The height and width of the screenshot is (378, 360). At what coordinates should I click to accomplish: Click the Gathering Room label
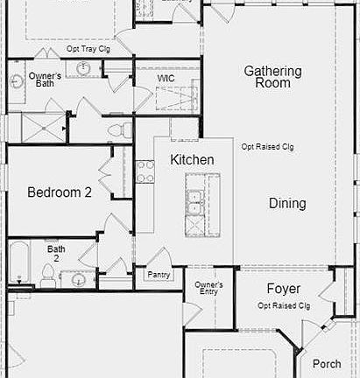[x=272, y=77]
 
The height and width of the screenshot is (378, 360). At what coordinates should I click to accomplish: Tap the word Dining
[x=287, y=203]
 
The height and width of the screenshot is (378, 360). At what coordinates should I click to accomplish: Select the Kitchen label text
[x=192, y=159]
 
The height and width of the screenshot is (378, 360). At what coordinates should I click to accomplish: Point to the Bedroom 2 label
[x=60, y=192]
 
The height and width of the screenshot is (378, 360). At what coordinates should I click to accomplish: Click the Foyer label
[x=284, y=289]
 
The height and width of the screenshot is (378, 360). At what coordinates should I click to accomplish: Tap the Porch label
[x=327, y=364]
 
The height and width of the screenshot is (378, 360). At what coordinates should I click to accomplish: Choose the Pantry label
[x=159, y=275]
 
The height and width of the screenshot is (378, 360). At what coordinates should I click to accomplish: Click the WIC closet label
[x=166, y=78]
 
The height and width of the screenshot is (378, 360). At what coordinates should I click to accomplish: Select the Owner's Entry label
[x=208, y=288]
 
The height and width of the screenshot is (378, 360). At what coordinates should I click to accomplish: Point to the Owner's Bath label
[x=45, y=80]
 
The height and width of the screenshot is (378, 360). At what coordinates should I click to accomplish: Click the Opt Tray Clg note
[x=88, y=49]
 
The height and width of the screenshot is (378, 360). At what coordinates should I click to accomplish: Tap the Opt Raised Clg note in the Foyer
[x=284, y=305]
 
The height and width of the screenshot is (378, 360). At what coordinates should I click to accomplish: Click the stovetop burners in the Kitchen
[x=145, y=171]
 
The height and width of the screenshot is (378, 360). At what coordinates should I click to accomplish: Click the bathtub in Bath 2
[x=19, y=261]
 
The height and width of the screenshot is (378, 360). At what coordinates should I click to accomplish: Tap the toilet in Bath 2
[x=46, y=275]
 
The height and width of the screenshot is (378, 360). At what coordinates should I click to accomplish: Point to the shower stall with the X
[x=44, y=129]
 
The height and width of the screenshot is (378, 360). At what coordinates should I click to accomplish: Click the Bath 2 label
[x=56, y=254]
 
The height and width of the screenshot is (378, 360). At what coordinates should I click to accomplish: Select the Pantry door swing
[x=159, y=256]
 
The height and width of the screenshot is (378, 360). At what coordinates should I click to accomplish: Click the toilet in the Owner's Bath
[x=120, y=129]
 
